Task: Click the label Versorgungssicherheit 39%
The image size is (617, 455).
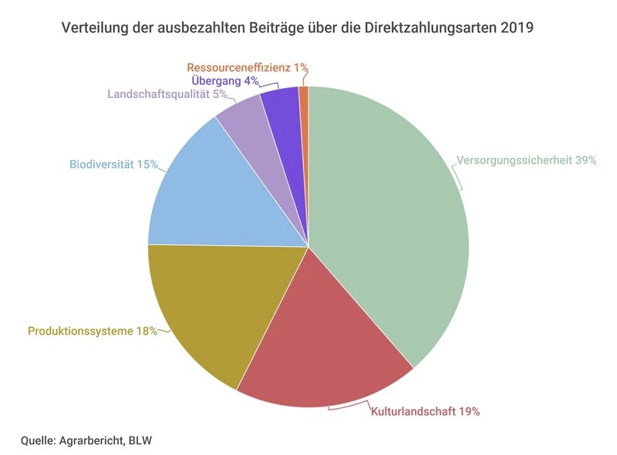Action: (526, 160)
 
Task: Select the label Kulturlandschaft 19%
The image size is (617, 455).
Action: (426, 412)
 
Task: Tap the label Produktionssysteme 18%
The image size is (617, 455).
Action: (93, 331)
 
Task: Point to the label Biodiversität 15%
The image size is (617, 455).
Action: (113, 164)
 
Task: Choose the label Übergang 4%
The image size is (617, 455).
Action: (225, 81)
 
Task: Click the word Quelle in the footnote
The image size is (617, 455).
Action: (38, 440)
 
